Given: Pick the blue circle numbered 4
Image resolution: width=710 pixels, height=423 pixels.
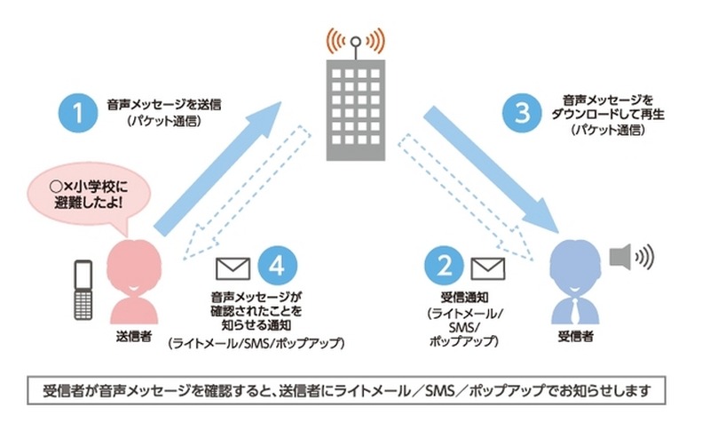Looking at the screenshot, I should click(x=276, y=265).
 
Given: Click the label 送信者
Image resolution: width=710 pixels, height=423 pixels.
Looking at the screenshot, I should click(x=133, y=336).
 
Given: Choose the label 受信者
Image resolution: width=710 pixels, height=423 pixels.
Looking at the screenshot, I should click(x=574, y=336).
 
